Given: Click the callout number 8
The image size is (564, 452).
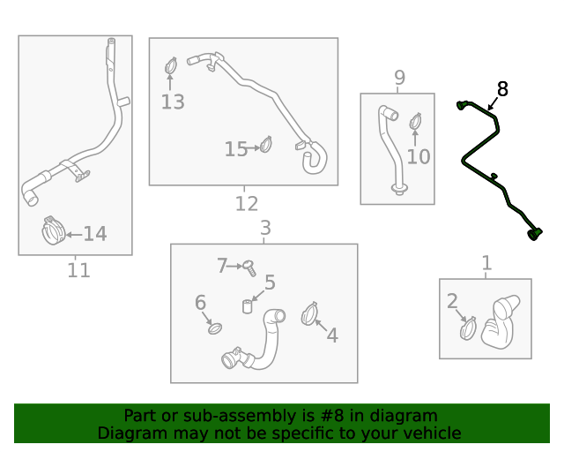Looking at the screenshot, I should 502,88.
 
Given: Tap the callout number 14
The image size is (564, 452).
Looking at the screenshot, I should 94,234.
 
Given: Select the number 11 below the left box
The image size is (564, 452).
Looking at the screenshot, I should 78,270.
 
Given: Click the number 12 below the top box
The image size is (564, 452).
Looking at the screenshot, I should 247,204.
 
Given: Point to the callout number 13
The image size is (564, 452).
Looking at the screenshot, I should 173,102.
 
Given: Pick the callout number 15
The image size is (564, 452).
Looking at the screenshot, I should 236,149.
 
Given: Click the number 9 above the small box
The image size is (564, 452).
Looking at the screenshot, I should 399,78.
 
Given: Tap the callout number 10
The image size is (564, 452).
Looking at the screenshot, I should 419,156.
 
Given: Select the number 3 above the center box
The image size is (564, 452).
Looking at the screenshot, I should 265,230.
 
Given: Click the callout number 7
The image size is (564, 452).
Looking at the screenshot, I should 223,264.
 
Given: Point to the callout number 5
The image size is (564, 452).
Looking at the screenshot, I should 270,282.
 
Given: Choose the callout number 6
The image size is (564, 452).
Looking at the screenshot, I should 201,303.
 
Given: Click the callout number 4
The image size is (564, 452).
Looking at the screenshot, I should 332,335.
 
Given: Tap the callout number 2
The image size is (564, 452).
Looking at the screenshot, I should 452,302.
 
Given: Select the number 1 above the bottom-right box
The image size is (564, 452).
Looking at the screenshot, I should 486,263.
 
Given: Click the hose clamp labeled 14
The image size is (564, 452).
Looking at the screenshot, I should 53,231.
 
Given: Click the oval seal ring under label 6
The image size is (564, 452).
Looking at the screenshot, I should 214,329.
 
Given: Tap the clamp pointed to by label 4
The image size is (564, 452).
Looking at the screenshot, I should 309,313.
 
